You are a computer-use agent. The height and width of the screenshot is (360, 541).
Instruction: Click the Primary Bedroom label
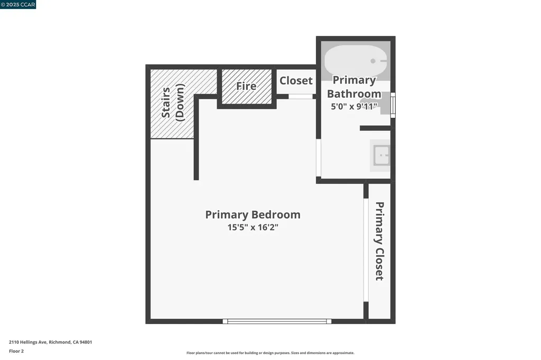coord(253,215)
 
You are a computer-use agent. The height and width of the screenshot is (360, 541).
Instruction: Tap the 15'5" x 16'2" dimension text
coord(253,228)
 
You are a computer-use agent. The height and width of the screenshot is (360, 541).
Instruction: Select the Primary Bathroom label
coord(354,87)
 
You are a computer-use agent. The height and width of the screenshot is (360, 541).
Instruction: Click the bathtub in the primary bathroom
coord(355,61)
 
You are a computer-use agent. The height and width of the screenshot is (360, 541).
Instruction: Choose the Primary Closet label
coord(379,241)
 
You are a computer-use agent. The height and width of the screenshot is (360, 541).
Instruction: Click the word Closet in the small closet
coord(296,81)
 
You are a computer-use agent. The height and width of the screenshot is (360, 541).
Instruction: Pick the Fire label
coord(246,86)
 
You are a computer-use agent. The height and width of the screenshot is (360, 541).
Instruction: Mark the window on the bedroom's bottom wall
coord(277,321)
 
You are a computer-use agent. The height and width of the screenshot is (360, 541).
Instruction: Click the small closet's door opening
coord(300,97)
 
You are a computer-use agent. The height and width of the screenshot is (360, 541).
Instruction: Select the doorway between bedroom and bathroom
coord(319,158)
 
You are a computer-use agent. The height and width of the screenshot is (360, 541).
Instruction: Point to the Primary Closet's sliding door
coord(366,250)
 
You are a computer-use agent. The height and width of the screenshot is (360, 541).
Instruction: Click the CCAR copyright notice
coord(18,5)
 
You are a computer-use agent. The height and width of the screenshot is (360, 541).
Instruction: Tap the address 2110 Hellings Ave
coord(50,342)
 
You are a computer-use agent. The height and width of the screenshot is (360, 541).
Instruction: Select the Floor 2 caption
coord(16,351)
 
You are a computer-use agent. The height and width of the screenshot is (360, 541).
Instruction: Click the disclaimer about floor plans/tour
coord(270,353)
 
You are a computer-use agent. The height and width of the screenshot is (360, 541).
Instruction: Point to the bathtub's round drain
coord(373,61)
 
